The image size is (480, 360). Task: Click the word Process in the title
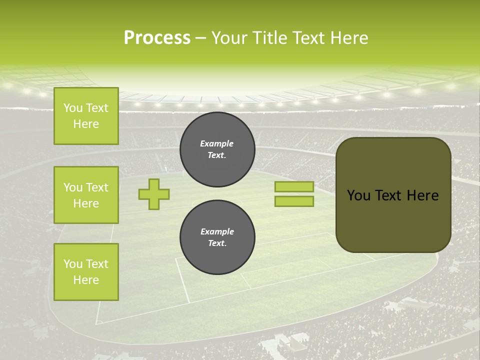pyautogui.click(x=157, y=38)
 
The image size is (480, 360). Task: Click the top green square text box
pyautogui.click(x=86, y=116)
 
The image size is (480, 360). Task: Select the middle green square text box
pyautogui.click(x=86, y=195)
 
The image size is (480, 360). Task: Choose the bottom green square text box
pyautogui.click(x=86, y=272)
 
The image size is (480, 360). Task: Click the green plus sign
pyautogui.click(x=154, y=194)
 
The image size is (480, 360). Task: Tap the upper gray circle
pyautogui.click(x=217, y=149)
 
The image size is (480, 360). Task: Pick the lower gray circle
pyautogui.click(x=217, y=237)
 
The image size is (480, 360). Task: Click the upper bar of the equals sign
pyautogui.click(x=294, y=186)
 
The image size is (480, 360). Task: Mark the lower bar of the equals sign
pyautogui.click(x=294, y=201)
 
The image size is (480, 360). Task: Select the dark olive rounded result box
pyautogui.click(x=393, y=195)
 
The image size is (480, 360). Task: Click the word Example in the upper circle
pyautogui.click(x=217, y=143)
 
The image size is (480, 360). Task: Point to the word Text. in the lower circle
pyautogui.click(x=217, y=243)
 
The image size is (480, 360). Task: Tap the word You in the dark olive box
pyautogui.click(x=358, y=195)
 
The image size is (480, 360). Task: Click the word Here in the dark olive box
pyautogui.click(x=422, y=195)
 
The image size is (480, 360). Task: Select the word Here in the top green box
pyautogui.click(x=86, y=124)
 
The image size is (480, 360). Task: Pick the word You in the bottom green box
pyautogui.click(x=72, y=264)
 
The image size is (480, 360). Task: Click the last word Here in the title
pyautogui.click(x=349, y=38)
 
